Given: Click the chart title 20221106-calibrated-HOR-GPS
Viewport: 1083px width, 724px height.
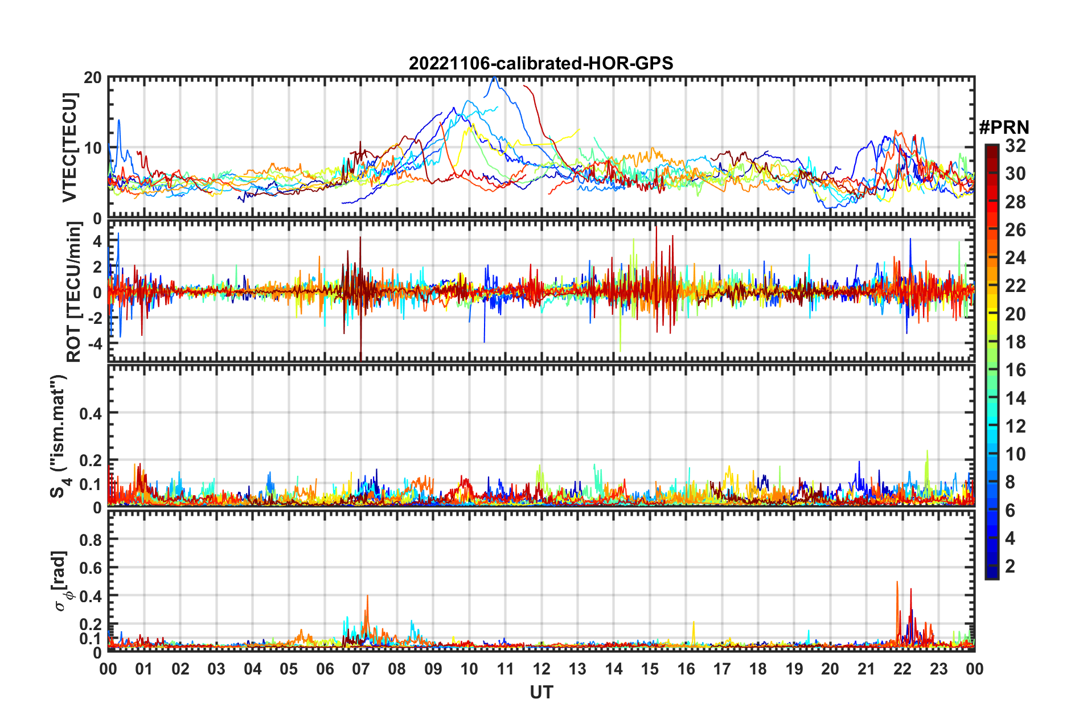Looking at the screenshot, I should pyautogui.click(x=541, y=63).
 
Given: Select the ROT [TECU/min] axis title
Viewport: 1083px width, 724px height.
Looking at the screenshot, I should pyautogui.click(x=74, y=292).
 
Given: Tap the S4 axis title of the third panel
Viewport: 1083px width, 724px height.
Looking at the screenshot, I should pyautogui.click(x=59, y=436).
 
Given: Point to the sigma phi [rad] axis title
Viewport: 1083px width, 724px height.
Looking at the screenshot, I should pyautogui.click(x=61, y=581).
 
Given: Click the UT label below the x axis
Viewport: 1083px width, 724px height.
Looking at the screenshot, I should pyautogui.click(x=541, y=692).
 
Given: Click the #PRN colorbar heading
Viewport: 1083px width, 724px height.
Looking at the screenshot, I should pyautogui.click(x=1004, y=127).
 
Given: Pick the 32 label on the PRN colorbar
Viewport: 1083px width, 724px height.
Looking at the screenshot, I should pyautogui.click(x=1015, y=146).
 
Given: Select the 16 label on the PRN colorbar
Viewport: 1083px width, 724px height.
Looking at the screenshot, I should pyautogui.click(x=1015, y=370).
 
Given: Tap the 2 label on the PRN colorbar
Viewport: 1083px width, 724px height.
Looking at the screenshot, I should pyautogui.click(x=1010, y=566).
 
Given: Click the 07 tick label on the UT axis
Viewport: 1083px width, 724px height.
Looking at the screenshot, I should pyautogui.click(x=361, y=669).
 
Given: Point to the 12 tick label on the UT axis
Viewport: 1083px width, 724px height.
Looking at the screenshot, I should pyautogui.click(x=541, y=669).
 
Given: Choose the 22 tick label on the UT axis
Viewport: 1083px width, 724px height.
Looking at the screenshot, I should pyautogui.click(x=902, y=669).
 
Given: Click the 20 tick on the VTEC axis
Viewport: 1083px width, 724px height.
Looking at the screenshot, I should pyautogui.click(x=93, y=77).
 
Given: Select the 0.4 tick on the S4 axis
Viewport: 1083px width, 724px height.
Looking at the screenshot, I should pyautogui.click(x=91, y=413).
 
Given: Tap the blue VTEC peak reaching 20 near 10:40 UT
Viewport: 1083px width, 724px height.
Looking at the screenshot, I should pyautogui.click(x=495, y=78).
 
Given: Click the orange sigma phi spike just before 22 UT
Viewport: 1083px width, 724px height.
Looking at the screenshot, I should pyautogui.click(x=897, y=582).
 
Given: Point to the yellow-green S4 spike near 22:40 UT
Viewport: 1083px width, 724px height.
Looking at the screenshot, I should pyautogui.click(x=927, y=451).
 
